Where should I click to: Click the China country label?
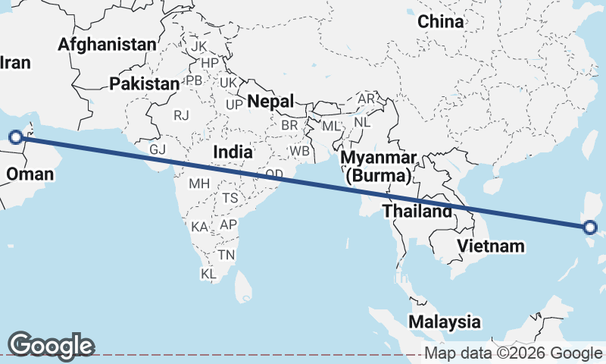[x=441, y=22]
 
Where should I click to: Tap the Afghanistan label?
[x=107, y=45]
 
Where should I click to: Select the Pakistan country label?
[x=143, y=84]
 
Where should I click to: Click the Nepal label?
[x=270, y=101]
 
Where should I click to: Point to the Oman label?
[x=30, y=174]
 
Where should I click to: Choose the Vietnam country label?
[x=491, y=246]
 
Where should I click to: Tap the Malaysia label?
[x=444, y=322]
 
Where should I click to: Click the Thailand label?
[x=417, y=212]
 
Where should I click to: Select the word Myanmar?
[x=379, y=158]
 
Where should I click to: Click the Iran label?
[x=15, y=62]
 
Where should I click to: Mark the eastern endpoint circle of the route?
[x=591, y=227]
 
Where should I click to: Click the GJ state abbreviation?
[x=158, y=149]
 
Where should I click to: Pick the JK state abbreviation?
[x=199, y=46]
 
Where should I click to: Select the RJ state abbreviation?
[x=181, y=115]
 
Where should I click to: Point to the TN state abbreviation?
[x=226, y=255]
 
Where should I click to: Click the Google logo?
[x=52, y=345]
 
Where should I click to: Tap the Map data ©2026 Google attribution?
[x=513, y=353]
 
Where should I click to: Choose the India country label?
[x=233, y=152]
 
